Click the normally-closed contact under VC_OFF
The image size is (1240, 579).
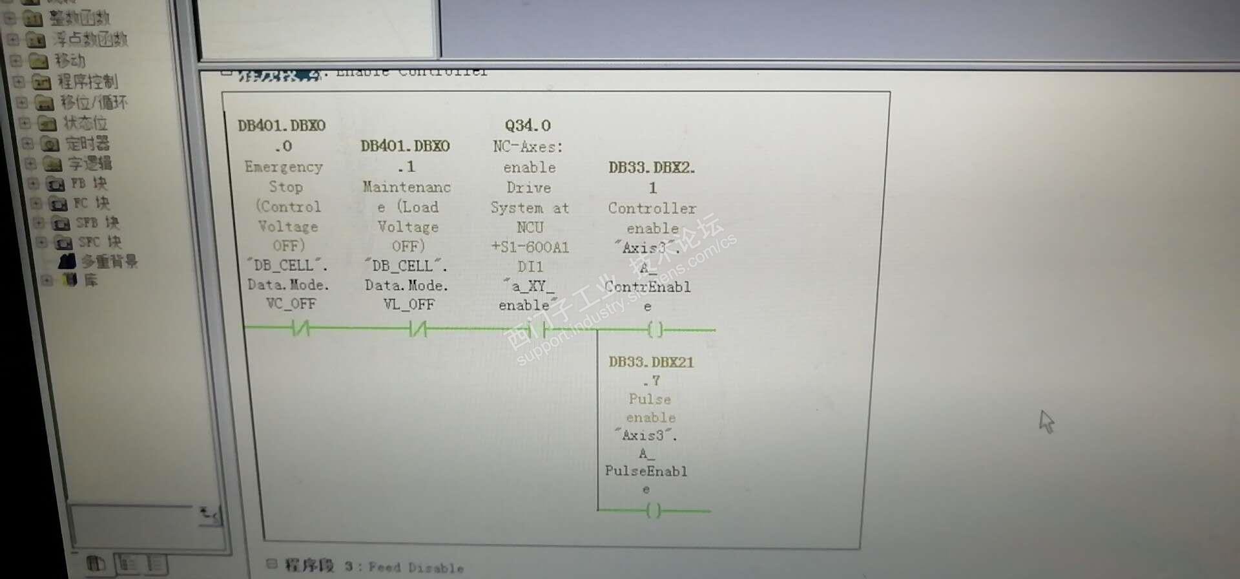[300, 330]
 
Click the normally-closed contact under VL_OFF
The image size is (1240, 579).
[418, 330]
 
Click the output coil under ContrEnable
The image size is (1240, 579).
[655, 330]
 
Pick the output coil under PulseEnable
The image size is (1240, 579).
[654, 511]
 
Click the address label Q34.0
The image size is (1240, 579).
[528, 125]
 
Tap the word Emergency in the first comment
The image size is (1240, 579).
[284, 167]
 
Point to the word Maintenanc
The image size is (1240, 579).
[407, 187]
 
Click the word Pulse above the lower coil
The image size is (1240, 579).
[650, 399]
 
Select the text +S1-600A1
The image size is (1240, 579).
[530, 247]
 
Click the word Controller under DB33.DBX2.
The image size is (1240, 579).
[652, 208]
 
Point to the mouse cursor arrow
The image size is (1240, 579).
[1046, 421]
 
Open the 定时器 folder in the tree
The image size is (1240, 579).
[87, 143]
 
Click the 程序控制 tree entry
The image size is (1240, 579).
[87, 81]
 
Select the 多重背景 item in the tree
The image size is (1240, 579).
[108, 262]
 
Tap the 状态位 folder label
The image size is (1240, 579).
[85, 123]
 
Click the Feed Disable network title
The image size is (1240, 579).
[416, 567]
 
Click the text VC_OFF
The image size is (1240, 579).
[291, 304]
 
